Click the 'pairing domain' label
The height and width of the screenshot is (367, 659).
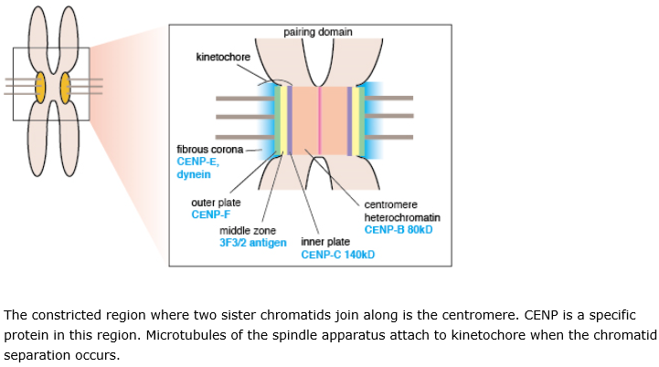(318, 32)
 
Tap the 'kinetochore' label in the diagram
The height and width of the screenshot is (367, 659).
(223, 58)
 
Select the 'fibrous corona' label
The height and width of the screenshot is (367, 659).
(209, 149)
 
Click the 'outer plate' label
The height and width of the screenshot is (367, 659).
(214, 203)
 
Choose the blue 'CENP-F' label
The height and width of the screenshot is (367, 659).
(210, 215)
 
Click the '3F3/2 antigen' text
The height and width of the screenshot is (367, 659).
(252, 243)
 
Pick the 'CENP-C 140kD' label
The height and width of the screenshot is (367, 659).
(337, 255)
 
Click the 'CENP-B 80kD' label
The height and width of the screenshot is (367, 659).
(398, 230)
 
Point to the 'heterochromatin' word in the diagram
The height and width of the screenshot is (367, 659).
(402, 218)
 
